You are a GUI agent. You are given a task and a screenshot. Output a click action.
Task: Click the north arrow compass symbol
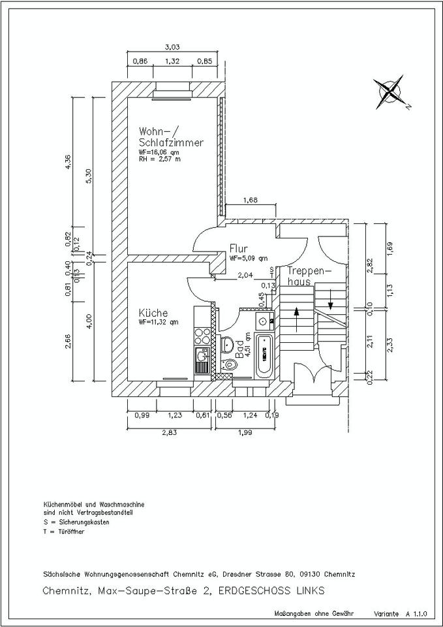pos(389,92)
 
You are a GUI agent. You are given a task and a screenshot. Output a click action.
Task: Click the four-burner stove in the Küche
pos(202,336)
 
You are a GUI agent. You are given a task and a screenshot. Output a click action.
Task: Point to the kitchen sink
pos(202,359)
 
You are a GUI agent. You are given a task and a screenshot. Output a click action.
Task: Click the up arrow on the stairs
pos(298,319)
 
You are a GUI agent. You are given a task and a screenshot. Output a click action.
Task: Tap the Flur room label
pos(237,249)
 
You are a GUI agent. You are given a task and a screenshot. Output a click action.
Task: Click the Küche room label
pos(153,312)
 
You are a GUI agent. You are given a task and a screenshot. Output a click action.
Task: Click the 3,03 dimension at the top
pos(172,46)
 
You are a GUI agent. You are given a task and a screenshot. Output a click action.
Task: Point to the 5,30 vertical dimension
pos(89,177)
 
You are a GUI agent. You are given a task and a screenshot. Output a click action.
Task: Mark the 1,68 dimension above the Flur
pos(251,200)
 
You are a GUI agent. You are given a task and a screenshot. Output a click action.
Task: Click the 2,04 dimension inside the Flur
pos(245,275)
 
